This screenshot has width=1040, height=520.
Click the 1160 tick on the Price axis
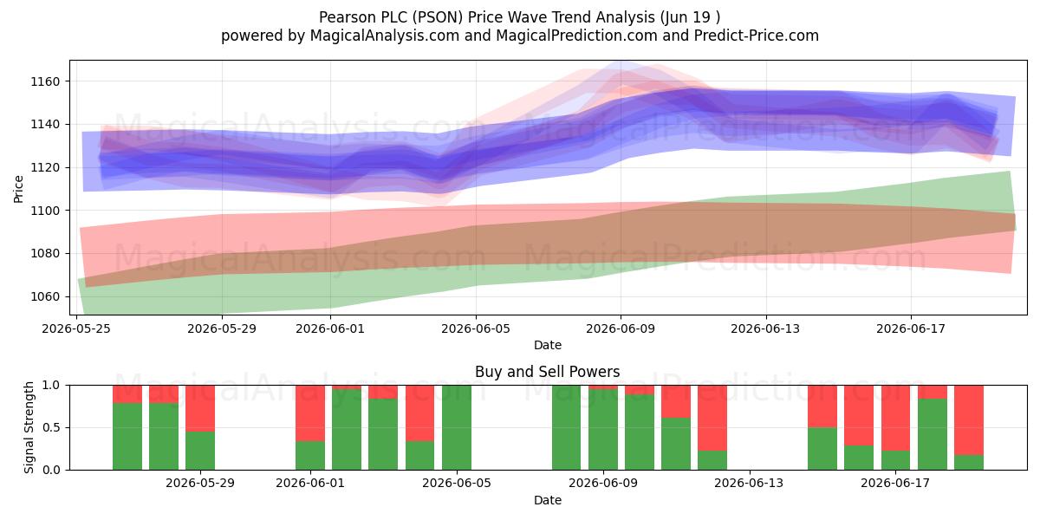(45, 81)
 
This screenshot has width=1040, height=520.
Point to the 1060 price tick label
(45, 296)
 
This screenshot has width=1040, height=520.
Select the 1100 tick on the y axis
(45, 211)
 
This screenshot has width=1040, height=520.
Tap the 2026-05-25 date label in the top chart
(76, 328)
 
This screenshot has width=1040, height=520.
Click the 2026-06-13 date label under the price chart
(765, 328)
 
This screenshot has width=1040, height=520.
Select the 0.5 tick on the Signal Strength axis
(51, 427)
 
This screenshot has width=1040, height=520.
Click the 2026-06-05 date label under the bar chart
(457, 484)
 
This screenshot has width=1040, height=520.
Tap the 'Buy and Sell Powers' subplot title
(548, 372)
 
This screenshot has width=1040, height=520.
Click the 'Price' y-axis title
(18, 189)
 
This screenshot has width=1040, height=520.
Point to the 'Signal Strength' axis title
(29, 427)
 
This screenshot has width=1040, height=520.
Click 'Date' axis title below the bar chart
(548, 501)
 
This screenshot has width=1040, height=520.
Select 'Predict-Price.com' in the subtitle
(757, 36)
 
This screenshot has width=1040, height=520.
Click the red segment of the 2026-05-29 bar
(200, 408)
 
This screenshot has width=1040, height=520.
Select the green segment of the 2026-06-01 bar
(310, 456)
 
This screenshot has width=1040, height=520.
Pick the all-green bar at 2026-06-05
(457, 427)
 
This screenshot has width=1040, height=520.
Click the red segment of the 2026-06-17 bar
(895, 418)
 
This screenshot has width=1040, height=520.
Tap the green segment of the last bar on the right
(969, 463)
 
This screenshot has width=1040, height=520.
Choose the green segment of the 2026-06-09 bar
(603, 430)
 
